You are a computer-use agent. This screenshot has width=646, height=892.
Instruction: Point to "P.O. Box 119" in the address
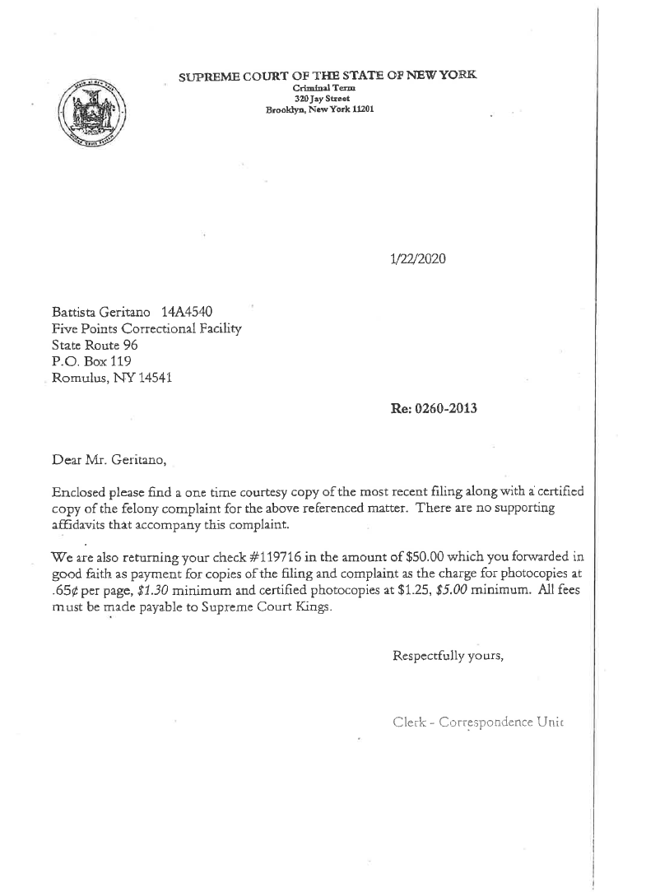click(90, 361)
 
